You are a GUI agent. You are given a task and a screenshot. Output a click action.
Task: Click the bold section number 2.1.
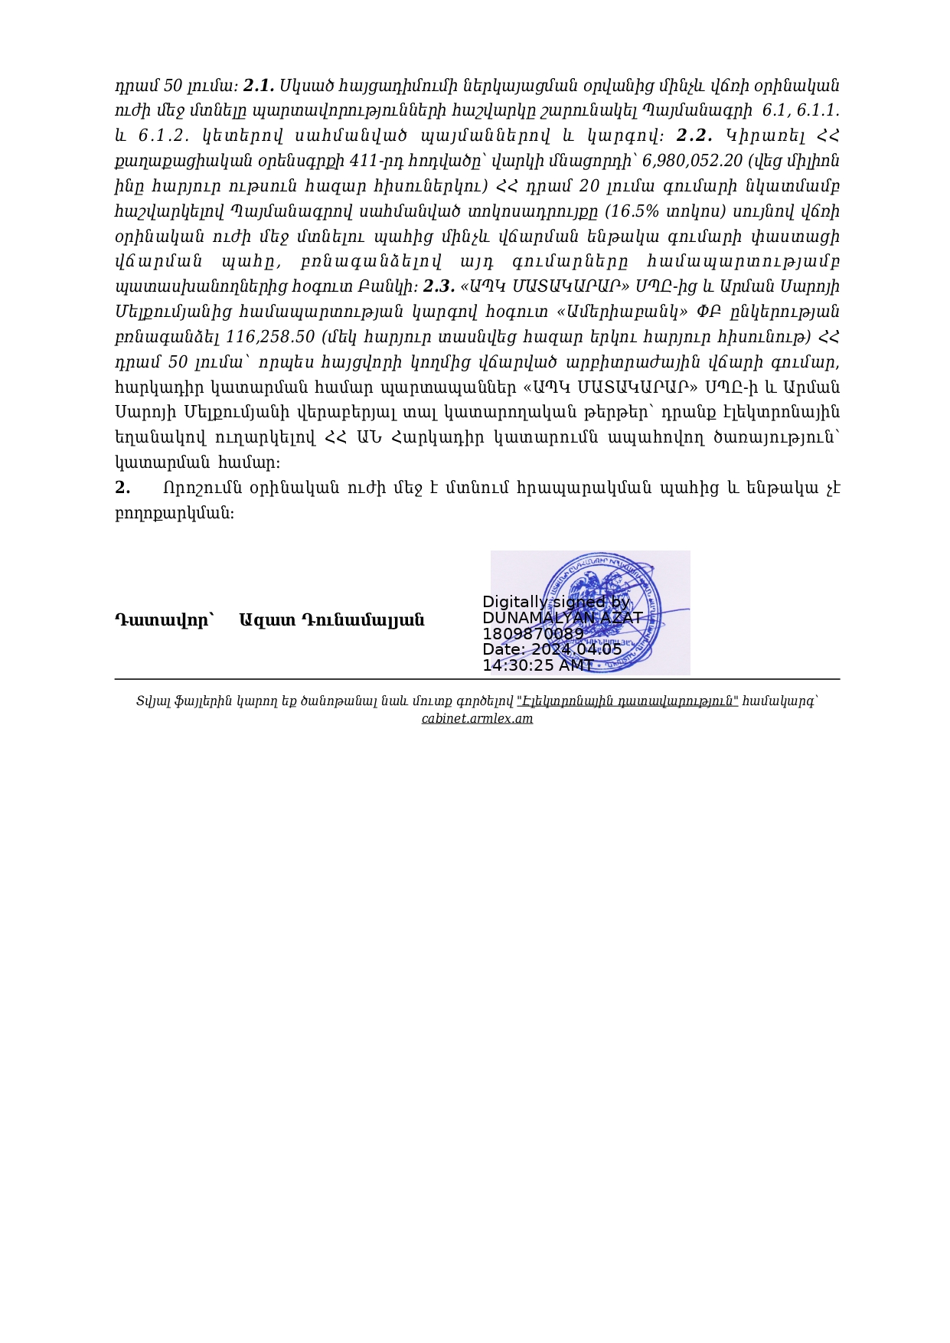pyautogui.click(x=259, y=85)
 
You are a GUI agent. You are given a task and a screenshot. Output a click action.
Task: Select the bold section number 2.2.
pyautogui.click(x=694, y=136)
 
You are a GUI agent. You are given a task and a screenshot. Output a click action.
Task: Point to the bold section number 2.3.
pyautogui.click(x=439, y=286)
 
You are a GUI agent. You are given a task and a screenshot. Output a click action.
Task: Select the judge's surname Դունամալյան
pyautogui.click(x=363, y=620)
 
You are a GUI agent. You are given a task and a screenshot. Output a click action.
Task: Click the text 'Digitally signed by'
pyautogui.click(x=556, y=602)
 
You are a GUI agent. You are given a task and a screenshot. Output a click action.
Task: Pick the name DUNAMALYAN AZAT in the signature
pyautogui.click(x=563, y=618)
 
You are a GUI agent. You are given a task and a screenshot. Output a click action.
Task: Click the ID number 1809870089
pyautogui.click(x=533, y=634)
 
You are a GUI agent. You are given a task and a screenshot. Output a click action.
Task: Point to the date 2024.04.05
pyautogui.click(x=576, y=649)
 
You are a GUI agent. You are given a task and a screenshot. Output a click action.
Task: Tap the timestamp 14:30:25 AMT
pyautogui.click(x=537, y=665)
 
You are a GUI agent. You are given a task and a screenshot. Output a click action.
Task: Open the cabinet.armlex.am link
pyautogui.click(x=477, y=718)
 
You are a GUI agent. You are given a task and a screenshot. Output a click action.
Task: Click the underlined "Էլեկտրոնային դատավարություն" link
pyautogui.click(x=628, y=701)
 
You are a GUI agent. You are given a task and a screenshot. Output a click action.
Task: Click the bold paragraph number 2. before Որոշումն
pyautogui.click(x=122, y=488)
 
